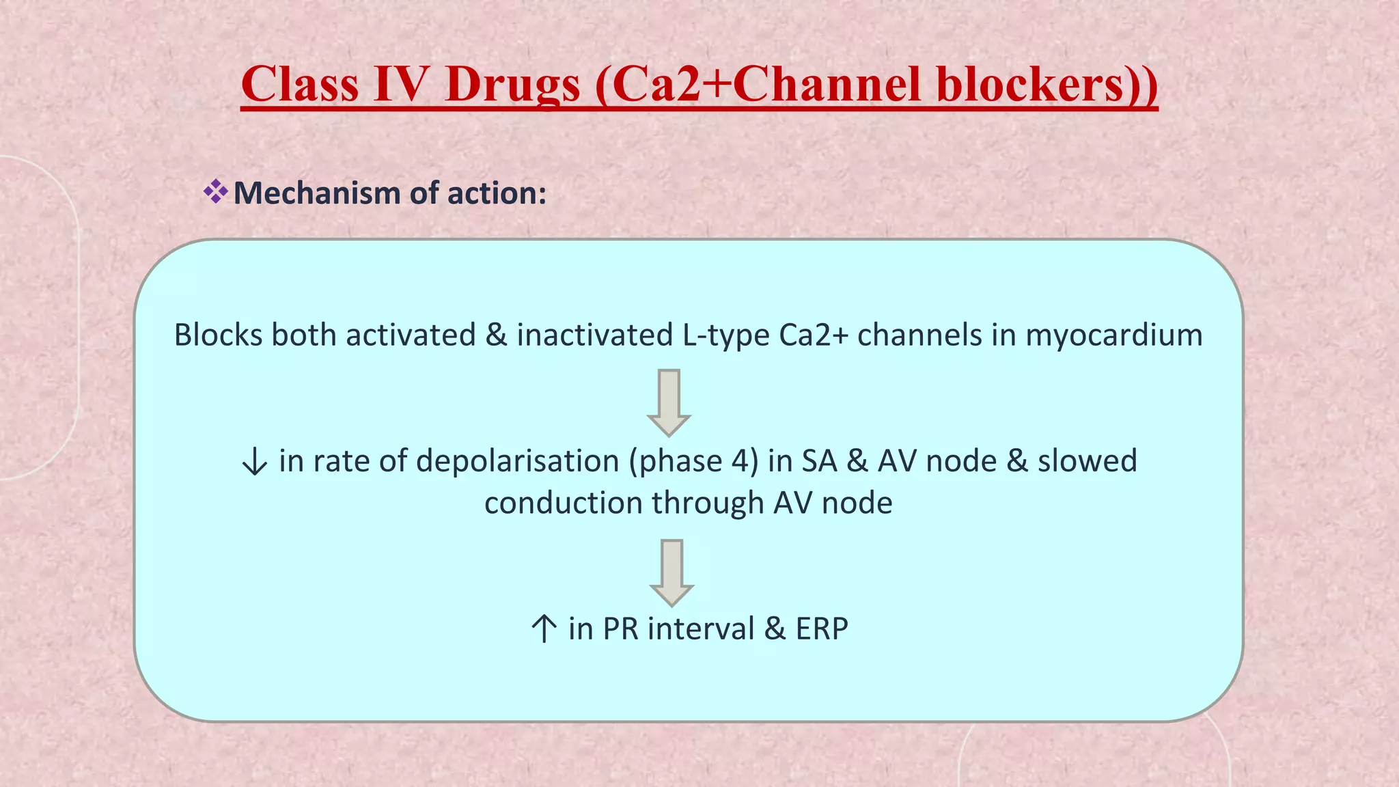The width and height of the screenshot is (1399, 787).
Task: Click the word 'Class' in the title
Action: (x=300, y=85)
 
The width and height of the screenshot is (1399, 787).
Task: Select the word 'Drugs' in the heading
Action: (x=512, y=85)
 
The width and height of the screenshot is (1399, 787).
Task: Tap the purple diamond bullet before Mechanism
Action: (x=215, y=192)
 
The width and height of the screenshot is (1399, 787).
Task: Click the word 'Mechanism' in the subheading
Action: (x=317, y=193)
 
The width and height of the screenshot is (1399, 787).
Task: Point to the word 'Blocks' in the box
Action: (x=218, y=335)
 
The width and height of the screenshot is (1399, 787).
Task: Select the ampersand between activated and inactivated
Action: (x=496, y=335)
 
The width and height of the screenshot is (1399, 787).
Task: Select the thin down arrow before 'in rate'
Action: (x=255, y=462)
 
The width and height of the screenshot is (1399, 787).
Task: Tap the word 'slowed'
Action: (x=1088, y=461)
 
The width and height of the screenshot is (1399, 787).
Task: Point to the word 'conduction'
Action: (x=563, y=503)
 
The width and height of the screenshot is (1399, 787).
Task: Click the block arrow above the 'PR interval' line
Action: (x=671, y=572)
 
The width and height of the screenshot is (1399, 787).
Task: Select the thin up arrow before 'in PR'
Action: (x=544, y=629)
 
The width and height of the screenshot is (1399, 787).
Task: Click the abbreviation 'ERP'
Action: (x=822, y=629)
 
